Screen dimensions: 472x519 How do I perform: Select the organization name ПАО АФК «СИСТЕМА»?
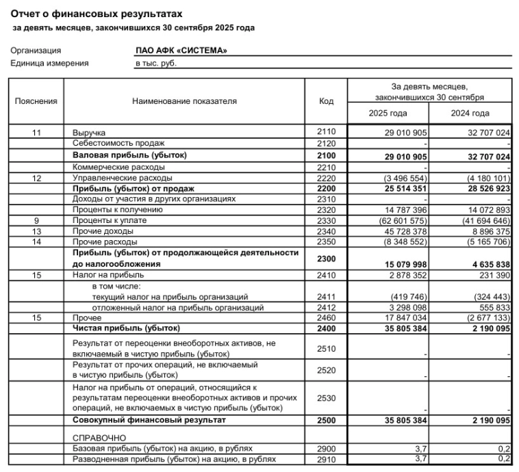pos(181,51)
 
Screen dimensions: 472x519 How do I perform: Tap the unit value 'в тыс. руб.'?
pos(155,63)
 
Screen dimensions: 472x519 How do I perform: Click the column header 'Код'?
pos(326,101)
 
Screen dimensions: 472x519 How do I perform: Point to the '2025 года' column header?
pos(389,114)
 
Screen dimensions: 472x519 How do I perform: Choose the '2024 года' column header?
pos(470,114)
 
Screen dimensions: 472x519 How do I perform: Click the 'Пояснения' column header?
pos(36,101)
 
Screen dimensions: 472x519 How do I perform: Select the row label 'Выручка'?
pos(89,132)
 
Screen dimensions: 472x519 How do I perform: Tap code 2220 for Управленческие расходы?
pos(326,177)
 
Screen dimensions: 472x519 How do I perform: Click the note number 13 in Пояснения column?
pos(36,232)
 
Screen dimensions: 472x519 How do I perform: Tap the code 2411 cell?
pos(326,296)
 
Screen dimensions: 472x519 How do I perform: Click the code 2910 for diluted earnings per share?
pos(326,458)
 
